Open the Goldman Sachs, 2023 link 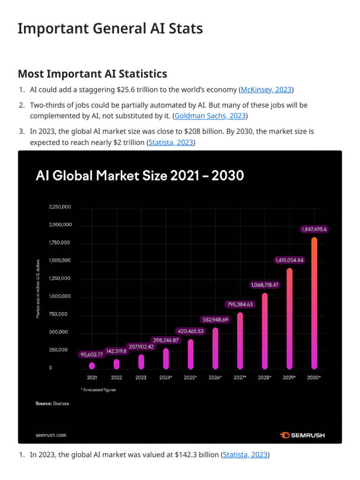tap(210, 116)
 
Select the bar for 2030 tap(314, 303)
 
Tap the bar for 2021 tap(92, 365)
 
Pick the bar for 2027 tap(240, 340)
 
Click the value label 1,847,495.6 tap(314, 229)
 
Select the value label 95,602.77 tap(92, 355)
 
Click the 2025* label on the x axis tap(190, 377)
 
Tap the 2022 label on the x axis tap(116, 377)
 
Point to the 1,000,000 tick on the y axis tap(60, 296)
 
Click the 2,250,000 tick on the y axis tap(60, 207)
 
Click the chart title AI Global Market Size tap(140, 176)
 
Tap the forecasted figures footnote tap(98, 390)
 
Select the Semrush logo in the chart tap(302, 435)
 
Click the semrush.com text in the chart tap(51, 435)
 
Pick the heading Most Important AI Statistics tap(92, 74)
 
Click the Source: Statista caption tap(52, 404)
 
